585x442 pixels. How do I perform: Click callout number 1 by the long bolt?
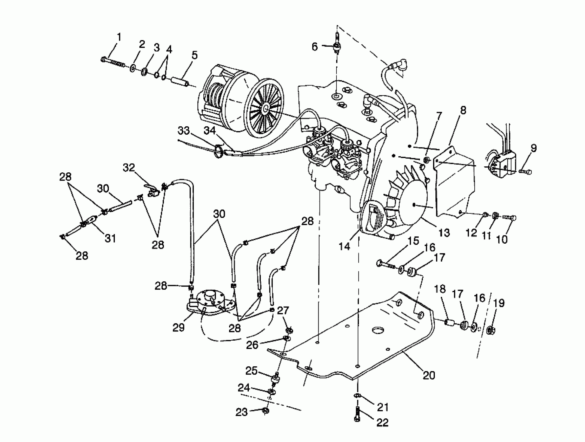point(119,37)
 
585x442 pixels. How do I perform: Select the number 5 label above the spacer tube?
point(194,55)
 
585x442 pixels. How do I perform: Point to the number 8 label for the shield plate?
point(463,110)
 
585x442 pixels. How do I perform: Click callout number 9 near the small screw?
point(534,148)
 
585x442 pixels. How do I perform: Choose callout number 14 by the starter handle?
point(344,246)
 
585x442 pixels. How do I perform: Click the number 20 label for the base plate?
point(429,375)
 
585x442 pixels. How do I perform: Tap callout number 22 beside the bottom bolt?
point(382,422)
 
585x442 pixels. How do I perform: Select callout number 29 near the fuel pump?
point(178,328)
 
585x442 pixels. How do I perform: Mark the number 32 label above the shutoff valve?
point(129,167)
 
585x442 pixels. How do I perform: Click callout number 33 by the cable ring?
point(184,131)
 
